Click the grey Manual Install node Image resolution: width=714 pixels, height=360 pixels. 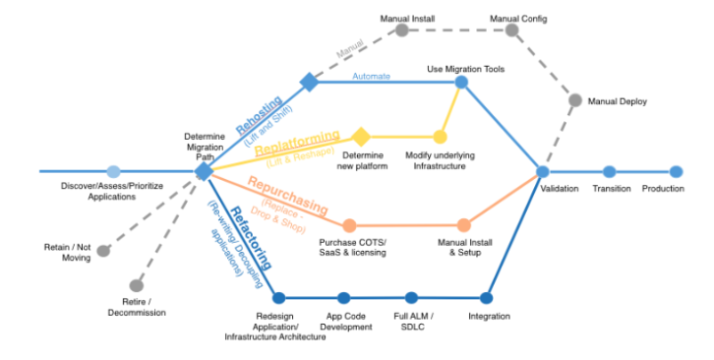401,30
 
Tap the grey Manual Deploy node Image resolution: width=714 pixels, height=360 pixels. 575,100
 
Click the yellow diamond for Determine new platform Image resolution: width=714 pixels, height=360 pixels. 361,136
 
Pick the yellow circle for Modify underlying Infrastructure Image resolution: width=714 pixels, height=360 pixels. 440,136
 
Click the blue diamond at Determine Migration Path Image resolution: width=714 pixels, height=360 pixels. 204,171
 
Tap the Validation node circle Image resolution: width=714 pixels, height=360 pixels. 543,171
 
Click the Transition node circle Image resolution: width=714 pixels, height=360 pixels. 609,171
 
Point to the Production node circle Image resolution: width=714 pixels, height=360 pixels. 676,171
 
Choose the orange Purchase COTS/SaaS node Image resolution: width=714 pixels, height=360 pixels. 348,225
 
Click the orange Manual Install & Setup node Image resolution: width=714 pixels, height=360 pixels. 464,225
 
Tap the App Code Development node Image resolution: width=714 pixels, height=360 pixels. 343,297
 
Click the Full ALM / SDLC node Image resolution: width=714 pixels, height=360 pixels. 411,297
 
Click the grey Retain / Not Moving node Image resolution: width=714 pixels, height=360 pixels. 103,252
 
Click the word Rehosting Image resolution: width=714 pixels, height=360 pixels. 259,112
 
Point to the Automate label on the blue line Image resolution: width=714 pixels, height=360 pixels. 371,76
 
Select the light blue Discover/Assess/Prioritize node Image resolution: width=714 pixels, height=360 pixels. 113,171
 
